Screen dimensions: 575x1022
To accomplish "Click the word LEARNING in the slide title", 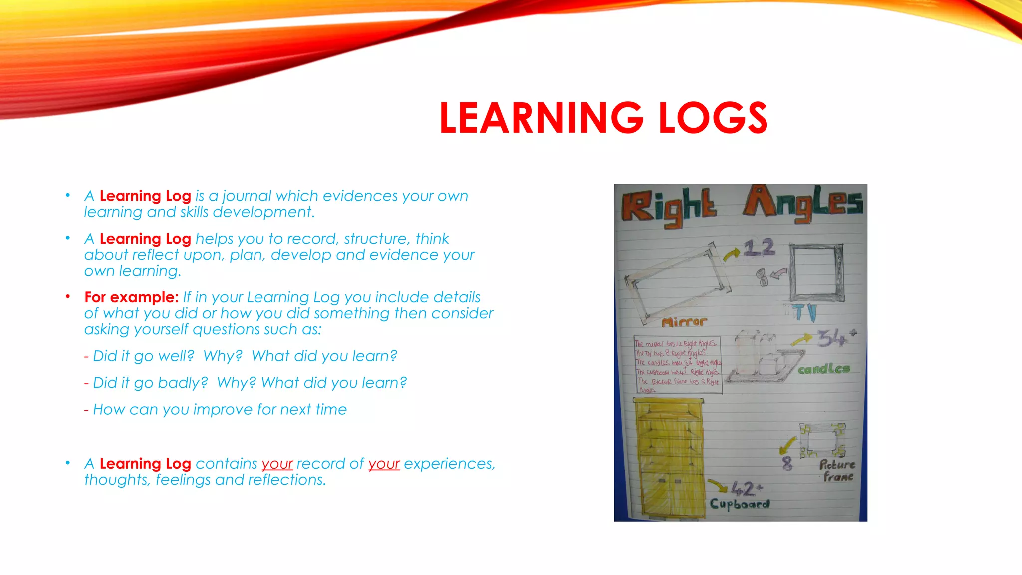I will [x=541, y=118].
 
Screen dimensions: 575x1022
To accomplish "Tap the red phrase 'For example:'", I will [x=131, y=297].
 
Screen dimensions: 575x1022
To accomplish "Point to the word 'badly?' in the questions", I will [x=182, y=383].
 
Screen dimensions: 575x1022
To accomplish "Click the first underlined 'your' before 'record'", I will [x=277, y=464].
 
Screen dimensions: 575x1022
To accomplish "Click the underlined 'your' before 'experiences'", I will [x=384, y=464].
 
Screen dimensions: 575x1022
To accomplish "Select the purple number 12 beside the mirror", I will [x=759, y=247].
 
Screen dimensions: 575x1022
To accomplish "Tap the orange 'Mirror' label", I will [x=684, y=322].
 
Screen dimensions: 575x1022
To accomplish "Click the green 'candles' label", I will [x=823, y=369].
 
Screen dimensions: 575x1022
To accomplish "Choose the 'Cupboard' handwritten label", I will [x=740, y=503].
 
